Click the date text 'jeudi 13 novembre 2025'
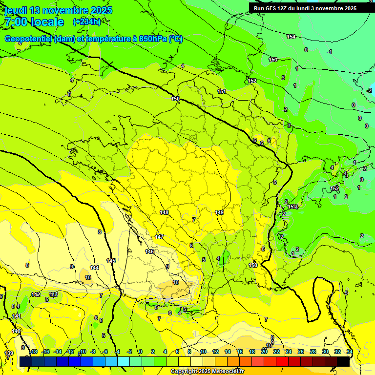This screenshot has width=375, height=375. point(58,10)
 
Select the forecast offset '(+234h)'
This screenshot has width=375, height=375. point(87,22)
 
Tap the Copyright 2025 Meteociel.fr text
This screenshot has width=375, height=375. point(207,371)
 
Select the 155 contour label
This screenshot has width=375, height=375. point(273,60)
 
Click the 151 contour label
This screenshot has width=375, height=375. point(222,91)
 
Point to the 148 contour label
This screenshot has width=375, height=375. point(164,212)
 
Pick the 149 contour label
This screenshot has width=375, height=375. point(220,212)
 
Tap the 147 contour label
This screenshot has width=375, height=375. point(159,237)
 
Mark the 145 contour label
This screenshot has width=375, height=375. point(111,261)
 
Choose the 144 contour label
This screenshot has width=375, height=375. point(94,268)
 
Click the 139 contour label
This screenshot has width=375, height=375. point(9,353)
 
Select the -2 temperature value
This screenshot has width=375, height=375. point(369,90)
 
